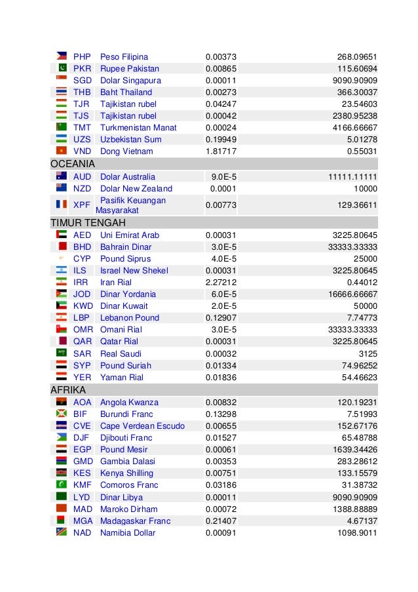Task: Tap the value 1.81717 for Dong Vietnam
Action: pyautogui.click(x=220, y=151)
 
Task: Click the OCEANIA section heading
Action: pyautogui.click(x=73, y=164)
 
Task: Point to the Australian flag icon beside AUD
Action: pyautogui.click(x=62, y=176)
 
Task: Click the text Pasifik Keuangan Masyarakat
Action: pyautogui.click(x=131, y=205)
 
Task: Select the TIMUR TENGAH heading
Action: pyautogui.click(x=88, y=223)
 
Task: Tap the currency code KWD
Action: pyautogui.click(x=83, y=306)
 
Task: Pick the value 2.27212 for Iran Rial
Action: pyautogui.click(x=220, y=283)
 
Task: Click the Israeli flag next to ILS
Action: pyautogui.click(x=62, y=271)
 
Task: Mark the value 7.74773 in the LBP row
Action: pyautogui.click(x=359, y=318)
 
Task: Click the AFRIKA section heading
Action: pyautogui.click(x=68, y=390)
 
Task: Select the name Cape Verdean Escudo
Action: pyautogui.click(x=142, y=426)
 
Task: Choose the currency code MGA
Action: pyautogui.click(x=83, y=521)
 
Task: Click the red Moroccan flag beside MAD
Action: pyautogui.click(x=62, y=509)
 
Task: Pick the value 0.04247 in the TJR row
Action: pyautogui.click(x=220, y=104)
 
